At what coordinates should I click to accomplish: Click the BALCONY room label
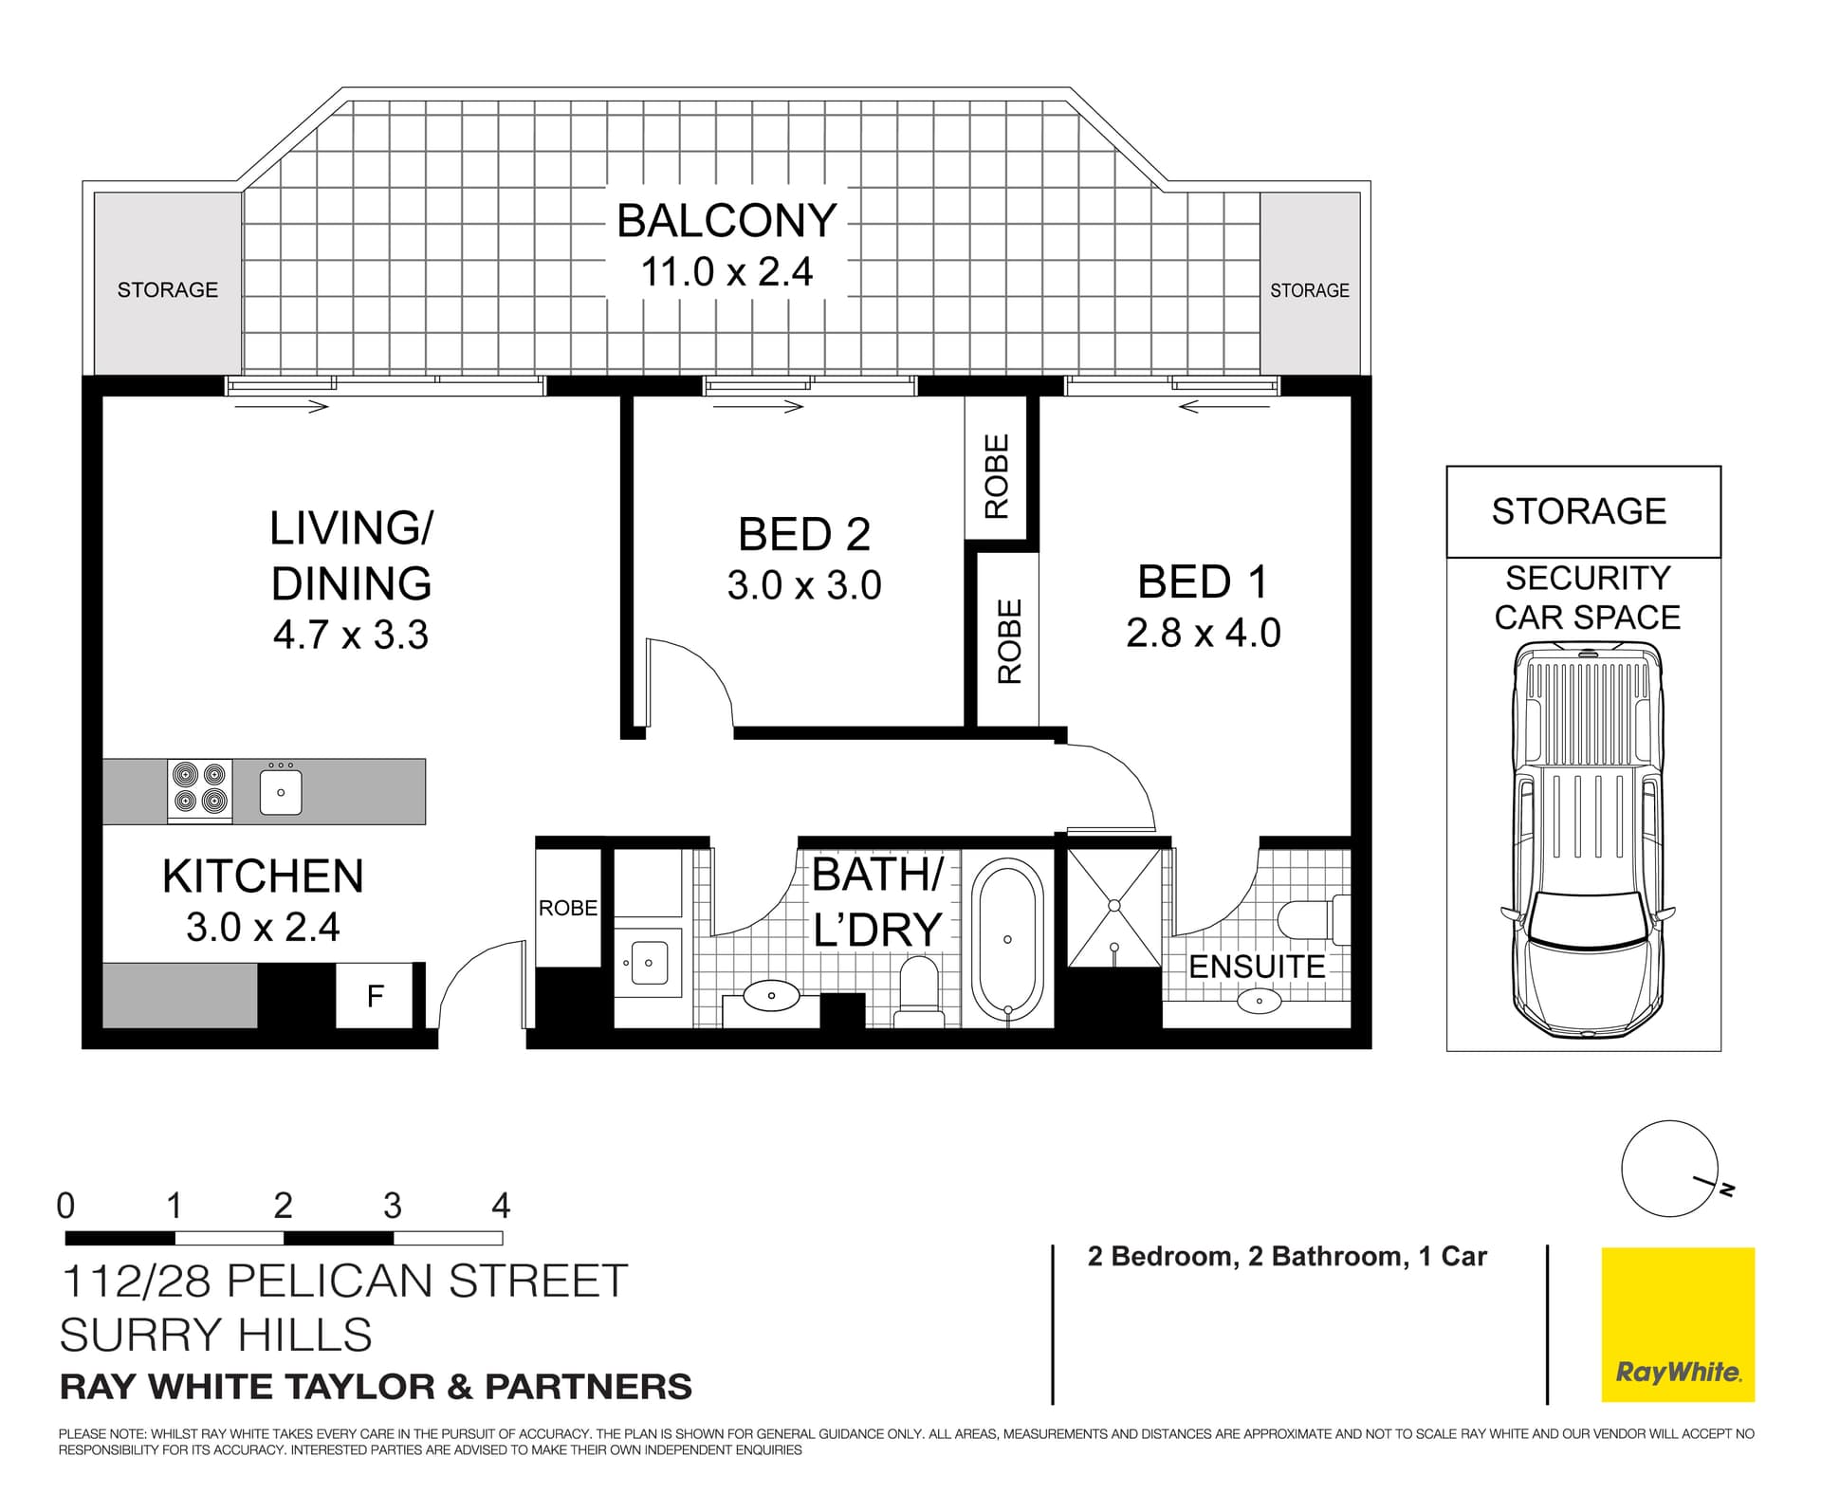click(727, 220)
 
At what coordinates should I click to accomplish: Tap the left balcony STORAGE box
click(168, 286)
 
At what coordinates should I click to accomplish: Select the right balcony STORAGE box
click(1309, 286)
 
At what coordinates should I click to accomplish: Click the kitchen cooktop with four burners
click(200, 790)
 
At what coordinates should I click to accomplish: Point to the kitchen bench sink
click(281, 792)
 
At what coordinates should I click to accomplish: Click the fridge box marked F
click(375, 996)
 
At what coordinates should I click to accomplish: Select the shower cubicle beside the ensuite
click(1114, 907)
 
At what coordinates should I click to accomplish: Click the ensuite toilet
click(1314, 918)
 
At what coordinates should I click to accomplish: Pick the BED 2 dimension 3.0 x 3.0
click(804, 585)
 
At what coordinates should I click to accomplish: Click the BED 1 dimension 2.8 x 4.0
click(1203, 633)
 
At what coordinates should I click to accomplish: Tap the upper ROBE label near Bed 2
click(996, 476)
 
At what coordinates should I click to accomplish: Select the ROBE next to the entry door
click(568, 908)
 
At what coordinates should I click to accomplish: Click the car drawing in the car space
click(1587, 839)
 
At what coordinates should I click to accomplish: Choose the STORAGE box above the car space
click(1582, 511)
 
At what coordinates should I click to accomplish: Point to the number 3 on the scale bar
click(392, 1206)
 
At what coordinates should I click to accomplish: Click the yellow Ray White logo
click(1678, 1324)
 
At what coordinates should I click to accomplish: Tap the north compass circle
click(1668, 1169)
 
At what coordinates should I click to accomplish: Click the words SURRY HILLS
click(216, 1335)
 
